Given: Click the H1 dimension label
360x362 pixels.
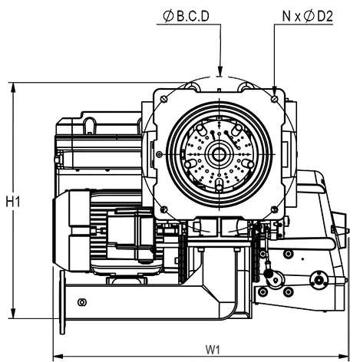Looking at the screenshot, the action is (13, 202).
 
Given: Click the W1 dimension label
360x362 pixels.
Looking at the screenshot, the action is (213, 350).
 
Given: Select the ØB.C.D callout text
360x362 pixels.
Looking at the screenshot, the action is (186, 16).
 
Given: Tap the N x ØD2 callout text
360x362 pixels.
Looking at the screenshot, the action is (307, 16).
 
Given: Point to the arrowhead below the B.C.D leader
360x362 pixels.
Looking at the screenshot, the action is (220, 71).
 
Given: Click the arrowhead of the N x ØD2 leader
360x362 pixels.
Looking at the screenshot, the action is (275, 90).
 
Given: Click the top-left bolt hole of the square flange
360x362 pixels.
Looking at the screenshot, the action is (164, 99).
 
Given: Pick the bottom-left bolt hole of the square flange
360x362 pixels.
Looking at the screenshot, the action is (164, 210).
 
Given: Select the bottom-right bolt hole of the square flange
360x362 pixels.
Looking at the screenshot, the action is (275, 210).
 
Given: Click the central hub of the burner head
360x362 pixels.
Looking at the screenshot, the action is (219, 154).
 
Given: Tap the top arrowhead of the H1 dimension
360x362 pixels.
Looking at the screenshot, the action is (13, 87).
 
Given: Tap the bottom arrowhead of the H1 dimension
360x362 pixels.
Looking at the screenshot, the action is (13, 314).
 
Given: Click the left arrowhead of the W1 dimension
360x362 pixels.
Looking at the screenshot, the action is (58, 356).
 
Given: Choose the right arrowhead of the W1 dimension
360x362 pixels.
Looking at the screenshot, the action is (343, 356).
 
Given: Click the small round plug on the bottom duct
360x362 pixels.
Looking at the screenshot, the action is (82, 302).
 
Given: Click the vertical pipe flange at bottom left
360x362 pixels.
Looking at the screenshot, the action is (62, 302).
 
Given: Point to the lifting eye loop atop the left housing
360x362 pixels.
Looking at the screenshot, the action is (90, 125).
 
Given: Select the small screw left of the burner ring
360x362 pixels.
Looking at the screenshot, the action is (160, 154).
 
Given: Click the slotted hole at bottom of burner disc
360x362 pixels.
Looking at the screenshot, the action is (219, 184).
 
